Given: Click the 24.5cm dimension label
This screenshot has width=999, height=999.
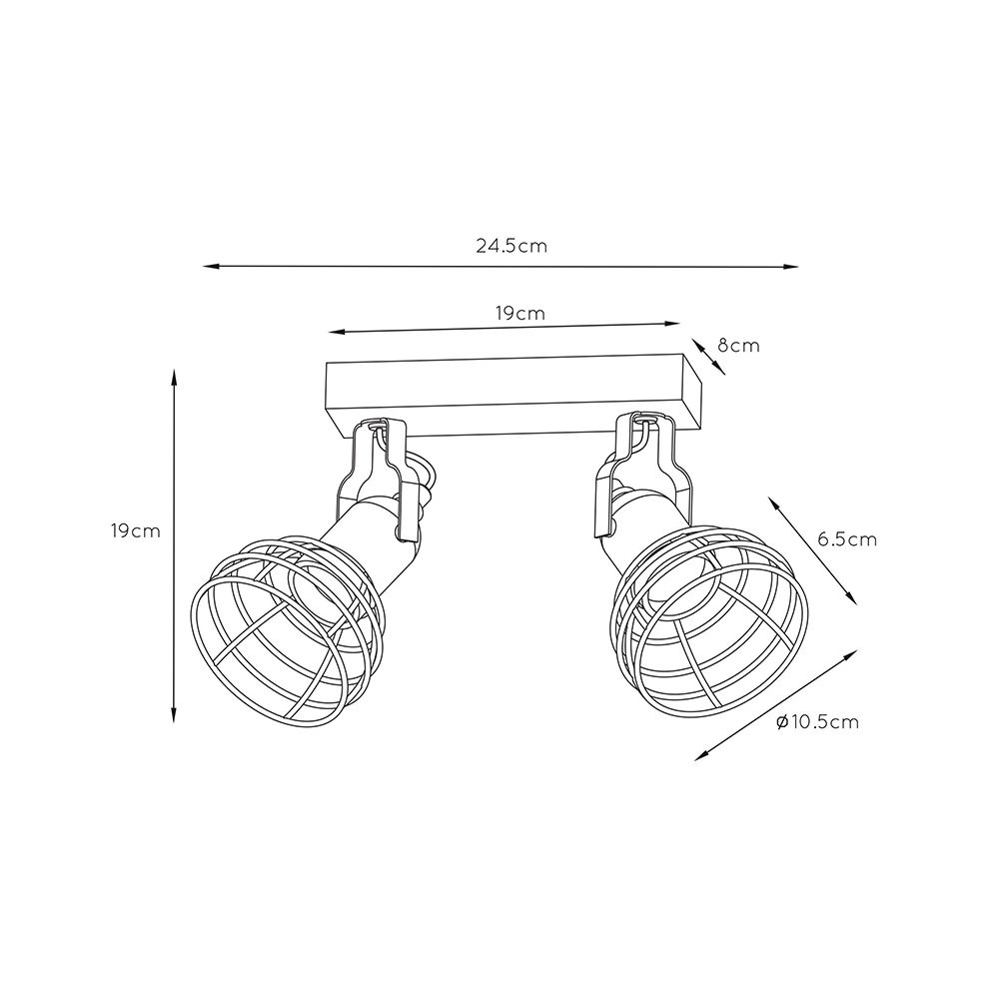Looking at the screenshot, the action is [510, 246].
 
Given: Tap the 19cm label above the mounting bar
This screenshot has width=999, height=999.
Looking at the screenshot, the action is [520, 314].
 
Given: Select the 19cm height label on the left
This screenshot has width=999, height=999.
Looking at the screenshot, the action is [135, 530].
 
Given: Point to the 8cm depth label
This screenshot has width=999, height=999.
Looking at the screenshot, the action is [738, 346].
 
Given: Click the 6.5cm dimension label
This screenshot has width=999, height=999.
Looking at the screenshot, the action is [847, 539].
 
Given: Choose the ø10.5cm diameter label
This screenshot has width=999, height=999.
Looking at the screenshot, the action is [818, 722].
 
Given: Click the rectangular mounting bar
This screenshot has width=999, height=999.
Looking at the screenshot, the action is [513, 397].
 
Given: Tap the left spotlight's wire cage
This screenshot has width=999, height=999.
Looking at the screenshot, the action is [287, 630].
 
